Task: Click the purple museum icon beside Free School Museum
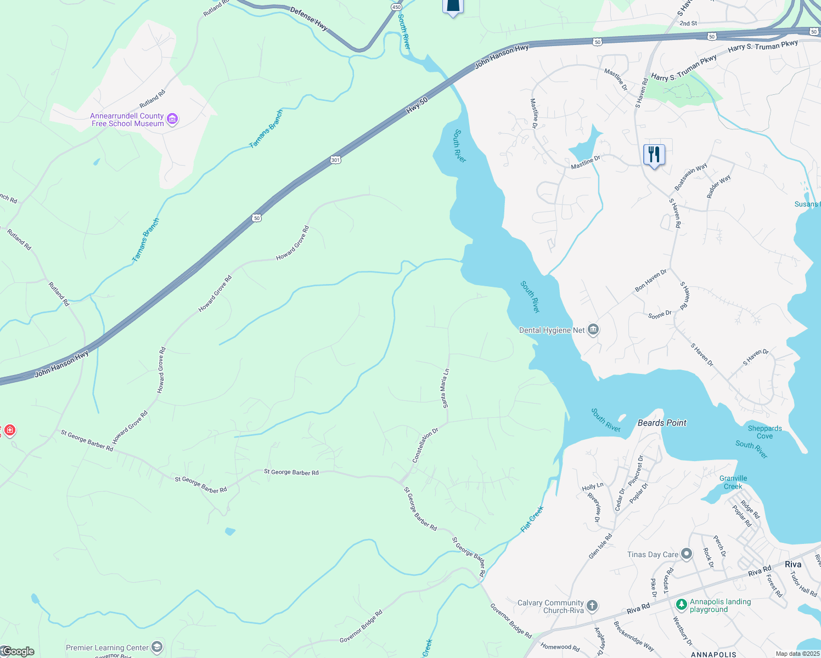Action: tap(172, 119)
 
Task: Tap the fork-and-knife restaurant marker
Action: tap(654, 155)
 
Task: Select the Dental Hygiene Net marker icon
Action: tap(593, 330)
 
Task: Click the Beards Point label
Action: tap(662, 423)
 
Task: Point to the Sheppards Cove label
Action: tap(764, 432)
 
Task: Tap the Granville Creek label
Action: tap(733, 482)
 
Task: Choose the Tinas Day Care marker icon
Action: tap(686, 554)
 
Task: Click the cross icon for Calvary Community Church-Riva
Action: tap(592, 606)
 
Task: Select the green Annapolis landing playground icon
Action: tap(681, 605)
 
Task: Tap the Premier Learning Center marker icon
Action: tap(157, 648)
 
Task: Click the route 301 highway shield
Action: tap(335, 160)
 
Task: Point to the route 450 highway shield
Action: tap(396, 7)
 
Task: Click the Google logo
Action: tap(18, 651)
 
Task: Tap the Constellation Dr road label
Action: tap(425, 445)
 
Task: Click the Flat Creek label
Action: tap(532, 519)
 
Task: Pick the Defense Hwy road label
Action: tap(309, 19)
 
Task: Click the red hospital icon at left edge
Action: tap(9, 430)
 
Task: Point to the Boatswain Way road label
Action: tap(691, 177)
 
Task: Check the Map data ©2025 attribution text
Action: tap(797, 654)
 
